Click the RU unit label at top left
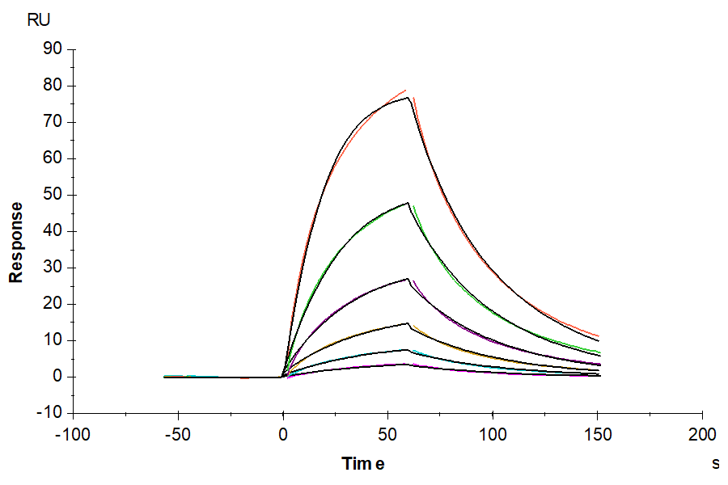coord(39,21)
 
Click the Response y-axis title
coord(15,242)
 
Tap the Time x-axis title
coord(362,464)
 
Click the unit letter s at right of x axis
coord(715,464)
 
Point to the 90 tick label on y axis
coord(53,49)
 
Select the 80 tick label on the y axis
coord(53,86)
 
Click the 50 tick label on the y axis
coord(53,195)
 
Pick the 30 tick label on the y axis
coord(53,268)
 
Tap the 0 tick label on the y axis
coord(57,377)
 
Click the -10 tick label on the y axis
coord(50,413)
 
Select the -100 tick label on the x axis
coord(73,435)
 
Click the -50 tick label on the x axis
coord(177,435)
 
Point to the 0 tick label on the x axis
coord(282,435)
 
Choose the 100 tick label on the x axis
coord(492,435)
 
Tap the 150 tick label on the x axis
coord(597,435)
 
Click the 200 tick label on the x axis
coord(701,435)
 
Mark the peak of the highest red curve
coord(406,90)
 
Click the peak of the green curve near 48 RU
coord(408,202)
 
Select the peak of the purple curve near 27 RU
coord(408,279)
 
